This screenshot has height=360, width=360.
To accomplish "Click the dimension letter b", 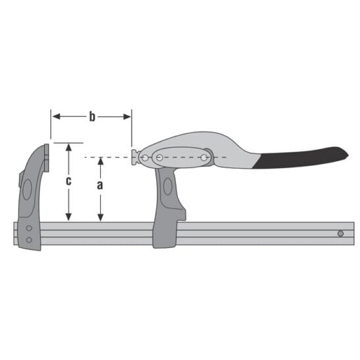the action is [x=92, y=117].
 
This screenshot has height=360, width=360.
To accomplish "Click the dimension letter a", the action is [x=100, y=185].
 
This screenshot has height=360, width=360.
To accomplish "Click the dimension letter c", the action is [x=69, y=181].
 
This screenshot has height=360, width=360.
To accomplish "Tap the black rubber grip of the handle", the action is [x=301, y=158].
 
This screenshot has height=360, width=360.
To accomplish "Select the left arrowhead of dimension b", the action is [x=56, y=117].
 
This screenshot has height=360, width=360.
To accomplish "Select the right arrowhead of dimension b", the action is [x=127, y=117].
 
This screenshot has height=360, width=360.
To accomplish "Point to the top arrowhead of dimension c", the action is [x=69, y=147].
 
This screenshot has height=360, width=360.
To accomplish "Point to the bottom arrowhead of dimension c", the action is [x=69, y=217].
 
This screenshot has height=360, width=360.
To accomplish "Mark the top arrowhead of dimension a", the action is [x=100, y=161].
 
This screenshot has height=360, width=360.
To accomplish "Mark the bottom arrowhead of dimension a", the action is [x=100, y=218].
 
